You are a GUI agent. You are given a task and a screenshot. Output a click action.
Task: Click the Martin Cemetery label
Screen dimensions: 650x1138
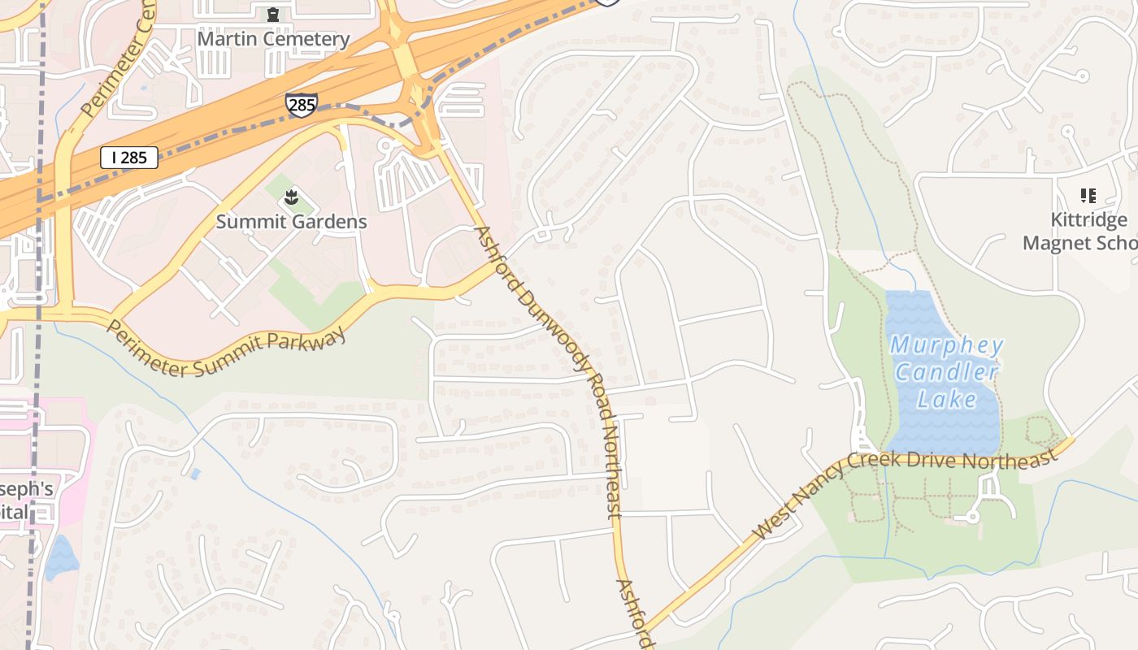point(273,39)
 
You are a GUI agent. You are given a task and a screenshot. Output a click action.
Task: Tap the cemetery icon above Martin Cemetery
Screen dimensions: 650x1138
point(273,15)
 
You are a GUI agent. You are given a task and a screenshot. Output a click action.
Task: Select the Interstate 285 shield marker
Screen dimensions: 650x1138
point(301,104)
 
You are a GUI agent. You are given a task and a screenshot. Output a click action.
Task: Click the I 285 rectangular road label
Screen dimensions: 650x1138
point(129,158)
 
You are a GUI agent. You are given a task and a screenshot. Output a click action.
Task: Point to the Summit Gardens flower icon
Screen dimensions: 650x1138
point(290,197)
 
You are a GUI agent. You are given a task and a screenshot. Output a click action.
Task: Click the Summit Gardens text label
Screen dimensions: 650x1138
point(291,222)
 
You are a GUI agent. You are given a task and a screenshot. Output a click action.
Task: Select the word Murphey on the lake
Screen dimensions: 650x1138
point(947,345)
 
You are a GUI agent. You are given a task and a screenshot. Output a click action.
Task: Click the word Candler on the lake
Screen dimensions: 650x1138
point(946,373)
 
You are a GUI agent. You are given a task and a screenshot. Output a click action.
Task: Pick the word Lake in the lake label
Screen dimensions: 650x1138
point(947,399)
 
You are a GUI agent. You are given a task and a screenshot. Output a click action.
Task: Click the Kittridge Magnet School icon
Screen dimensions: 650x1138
point(1088,196)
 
